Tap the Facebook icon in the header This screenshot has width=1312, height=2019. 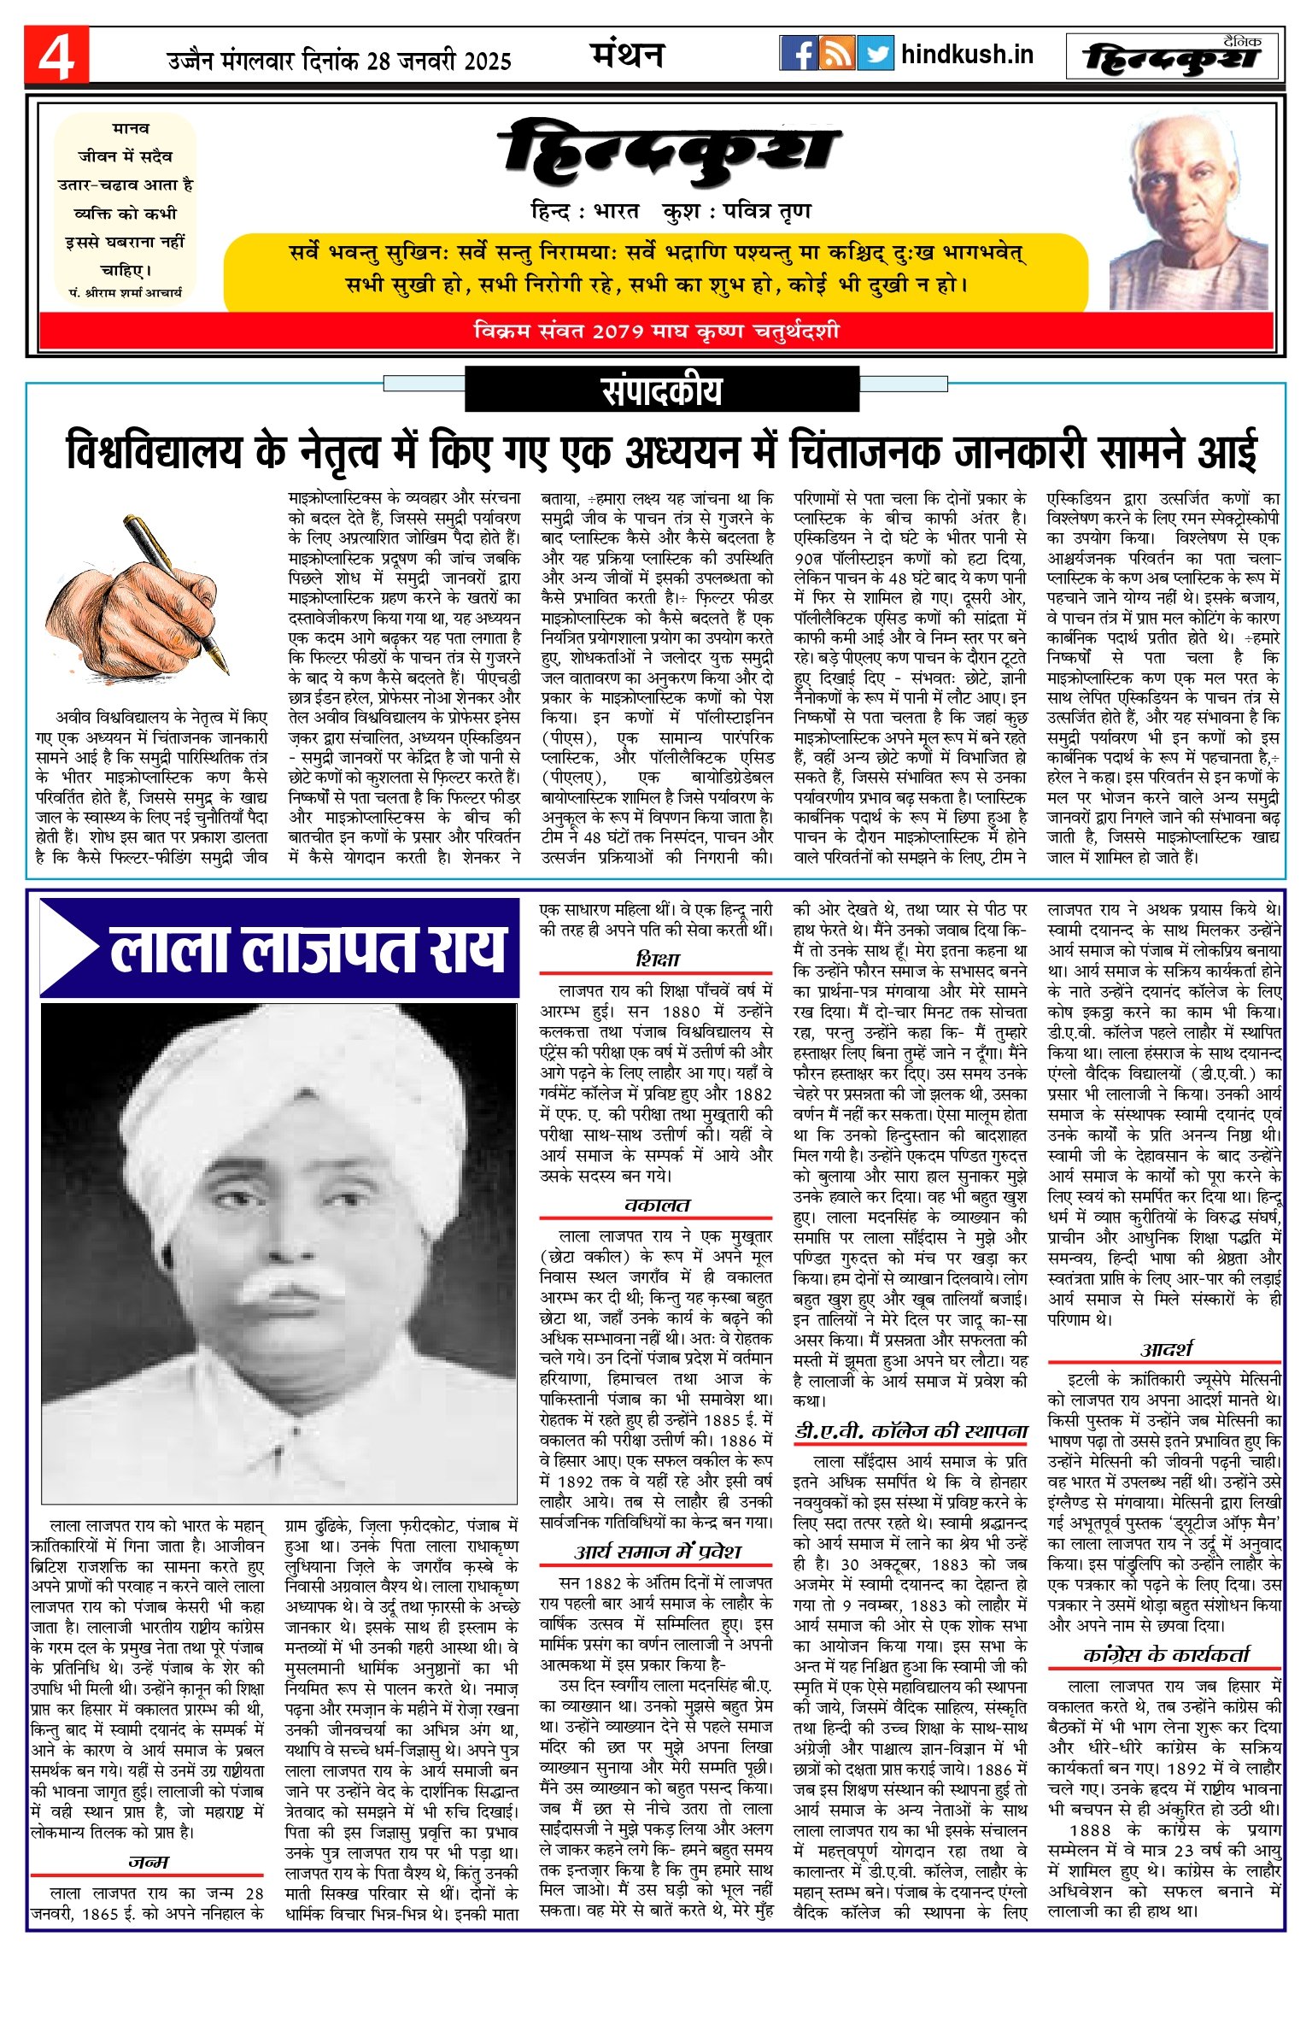click(799, 54)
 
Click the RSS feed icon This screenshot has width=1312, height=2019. click(837, 54)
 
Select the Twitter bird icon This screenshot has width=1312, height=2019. click(875, 54)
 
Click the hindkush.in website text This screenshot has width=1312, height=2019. click(967, 55)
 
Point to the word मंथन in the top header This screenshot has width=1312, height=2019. click(628, 56)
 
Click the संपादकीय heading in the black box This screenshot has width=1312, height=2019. click(661, 390)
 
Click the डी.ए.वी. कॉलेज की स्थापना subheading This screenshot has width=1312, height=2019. click(911, 1431)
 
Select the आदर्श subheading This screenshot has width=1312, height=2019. click(1165, 1349)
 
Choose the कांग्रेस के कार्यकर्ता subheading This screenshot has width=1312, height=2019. click(1165, 1654)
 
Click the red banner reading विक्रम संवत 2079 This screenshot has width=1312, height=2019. click(656, 331)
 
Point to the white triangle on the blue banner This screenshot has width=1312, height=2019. click(68, 948)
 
